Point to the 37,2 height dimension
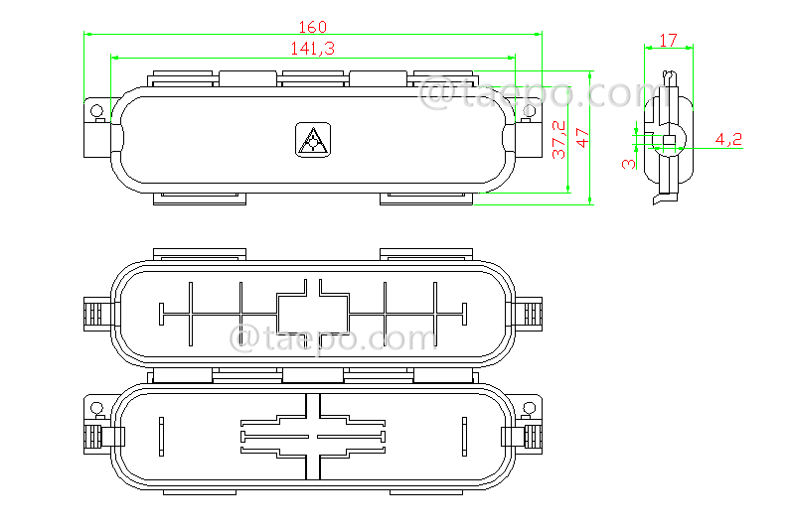(559, 140)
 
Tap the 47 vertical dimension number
(582, 138)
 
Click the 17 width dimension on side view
(668, 41)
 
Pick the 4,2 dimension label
(728, 140)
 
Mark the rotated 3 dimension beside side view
(627, 163)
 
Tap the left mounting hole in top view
(96, 109)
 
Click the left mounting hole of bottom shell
(96, 408)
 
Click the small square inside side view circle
(668, 138)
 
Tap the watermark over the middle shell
(333, 337)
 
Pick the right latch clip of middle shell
(530, 316)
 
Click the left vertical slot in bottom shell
(161, 436)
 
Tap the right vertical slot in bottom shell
(464, 436)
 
